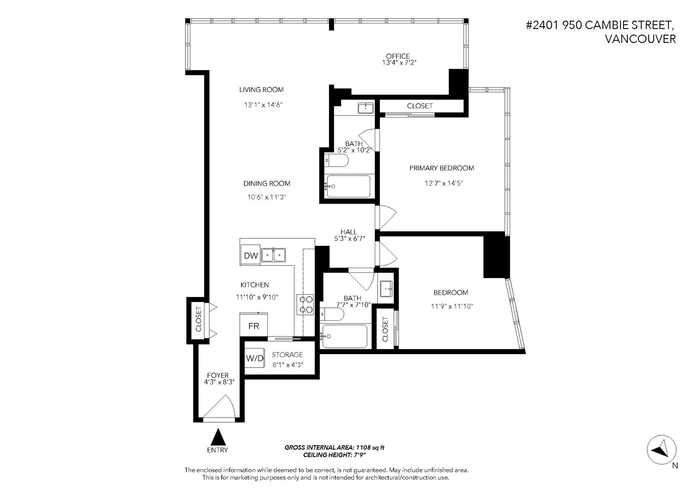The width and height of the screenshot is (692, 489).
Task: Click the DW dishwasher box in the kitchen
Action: (x=250, y=255)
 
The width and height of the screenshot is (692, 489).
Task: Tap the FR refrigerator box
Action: (x=254, y=325)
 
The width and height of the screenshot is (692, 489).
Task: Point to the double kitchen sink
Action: (x=273, y=255)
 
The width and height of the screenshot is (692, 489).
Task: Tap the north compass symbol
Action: (x=661, y=450)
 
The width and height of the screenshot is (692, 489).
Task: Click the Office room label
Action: (x=398, y=56)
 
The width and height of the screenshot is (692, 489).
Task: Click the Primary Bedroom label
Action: (x=442, y=168)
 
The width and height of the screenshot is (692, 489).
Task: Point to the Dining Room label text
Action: (x=267, y=183)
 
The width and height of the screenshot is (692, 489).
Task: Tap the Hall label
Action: (x=349, y=232)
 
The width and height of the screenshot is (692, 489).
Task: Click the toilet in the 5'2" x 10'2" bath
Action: (x=337, y=160)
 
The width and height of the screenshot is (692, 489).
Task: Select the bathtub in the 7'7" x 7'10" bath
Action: (x=345, y=336)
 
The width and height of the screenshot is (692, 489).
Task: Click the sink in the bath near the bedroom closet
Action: (x=387, y=289)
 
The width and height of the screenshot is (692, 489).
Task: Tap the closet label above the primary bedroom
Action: (x=420, y=106)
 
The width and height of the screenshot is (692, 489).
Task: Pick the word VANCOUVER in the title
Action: (x=640, y=39)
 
